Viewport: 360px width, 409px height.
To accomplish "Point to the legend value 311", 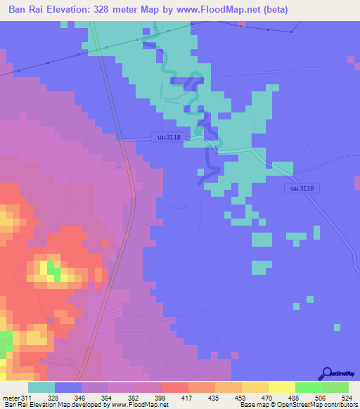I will point(27,398).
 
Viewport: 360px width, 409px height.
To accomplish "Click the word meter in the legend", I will point(11,398).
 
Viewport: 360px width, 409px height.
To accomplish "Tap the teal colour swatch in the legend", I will point(41,387).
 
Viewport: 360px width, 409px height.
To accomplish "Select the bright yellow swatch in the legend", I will point(281,387).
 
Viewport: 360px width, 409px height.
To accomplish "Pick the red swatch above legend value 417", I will point(174,387).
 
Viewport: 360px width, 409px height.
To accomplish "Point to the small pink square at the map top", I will point(243,25).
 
